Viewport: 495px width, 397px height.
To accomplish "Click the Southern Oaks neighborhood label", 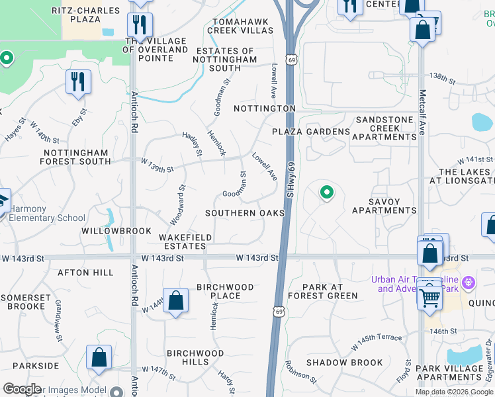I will click(x=245, y=213).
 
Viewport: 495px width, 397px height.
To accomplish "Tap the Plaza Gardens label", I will click(x=311, y=132).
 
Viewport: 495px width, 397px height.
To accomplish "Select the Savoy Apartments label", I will click(x=384, y=206).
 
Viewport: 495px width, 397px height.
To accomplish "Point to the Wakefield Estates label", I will click(x=185, y=242).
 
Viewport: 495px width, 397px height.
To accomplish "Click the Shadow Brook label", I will click(x=344, y=363).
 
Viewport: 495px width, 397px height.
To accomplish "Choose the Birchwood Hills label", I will click(x=196, y=357).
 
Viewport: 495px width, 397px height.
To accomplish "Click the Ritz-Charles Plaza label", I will click(x=91, y=15).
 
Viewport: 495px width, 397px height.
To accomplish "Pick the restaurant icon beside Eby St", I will click(x=79, y=82).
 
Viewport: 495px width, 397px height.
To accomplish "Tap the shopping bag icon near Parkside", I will click(x=99, y=357).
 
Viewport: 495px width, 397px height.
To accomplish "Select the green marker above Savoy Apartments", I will click(x=326, y=193).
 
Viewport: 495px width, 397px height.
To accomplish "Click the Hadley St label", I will click(x=192, y=140).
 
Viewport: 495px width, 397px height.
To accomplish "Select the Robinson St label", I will click(x=301, y=371).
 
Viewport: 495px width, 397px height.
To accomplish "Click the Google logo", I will click(x=22, y=389).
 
